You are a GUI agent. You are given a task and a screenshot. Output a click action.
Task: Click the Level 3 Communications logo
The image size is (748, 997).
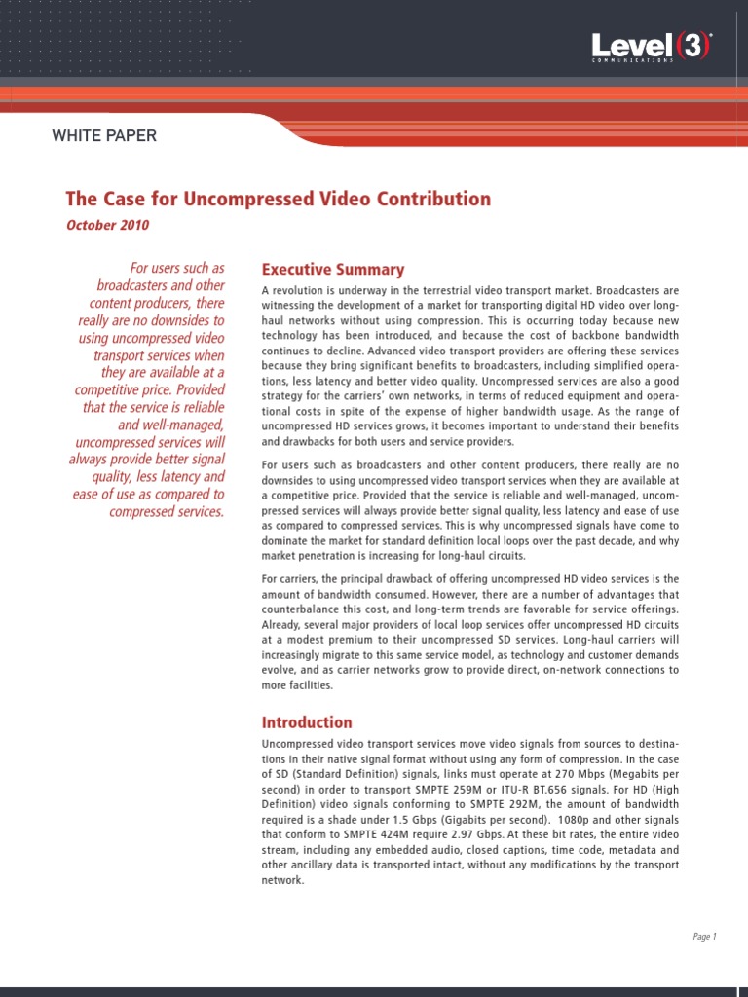coord(652,47)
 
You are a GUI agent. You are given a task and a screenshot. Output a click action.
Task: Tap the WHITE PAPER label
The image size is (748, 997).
coord(104,136)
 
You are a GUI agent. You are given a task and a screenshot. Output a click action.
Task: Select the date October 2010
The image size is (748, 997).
coord(108,225)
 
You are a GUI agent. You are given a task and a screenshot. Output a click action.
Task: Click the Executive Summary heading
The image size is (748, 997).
coord(332,270)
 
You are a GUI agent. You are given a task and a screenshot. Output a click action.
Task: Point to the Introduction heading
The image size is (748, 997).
coord(307,722)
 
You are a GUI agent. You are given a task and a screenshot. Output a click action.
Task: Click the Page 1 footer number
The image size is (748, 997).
coord(704,937)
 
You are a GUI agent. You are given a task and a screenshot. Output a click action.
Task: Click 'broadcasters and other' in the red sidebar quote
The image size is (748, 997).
coord(161,286)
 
